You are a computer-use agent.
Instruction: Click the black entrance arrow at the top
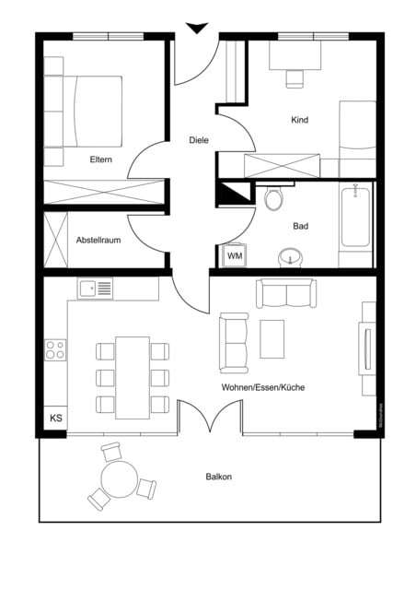tap(196, 28)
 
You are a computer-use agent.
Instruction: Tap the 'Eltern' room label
tap(101, 159)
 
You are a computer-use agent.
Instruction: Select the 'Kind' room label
tap(299, 120)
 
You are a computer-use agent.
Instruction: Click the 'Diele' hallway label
tap(198, 140)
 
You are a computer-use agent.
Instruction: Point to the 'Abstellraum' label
tap(98, 240)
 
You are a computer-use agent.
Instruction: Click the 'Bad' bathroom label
tap(301, 225)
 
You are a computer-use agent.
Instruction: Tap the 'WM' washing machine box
tap(235, 254)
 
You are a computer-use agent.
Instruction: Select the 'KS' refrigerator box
tap(56, 419)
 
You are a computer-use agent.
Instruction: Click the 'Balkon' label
tap(219, 477)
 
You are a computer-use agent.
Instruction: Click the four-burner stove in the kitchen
tap(55, 349)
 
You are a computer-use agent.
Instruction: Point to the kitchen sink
tap(95, 289)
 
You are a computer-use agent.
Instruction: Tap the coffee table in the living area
tap(272, 338)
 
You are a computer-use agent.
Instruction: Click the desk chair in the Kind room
tap(295, 77)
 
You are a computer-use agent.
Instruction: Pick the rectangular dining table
tap(133, 377)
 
